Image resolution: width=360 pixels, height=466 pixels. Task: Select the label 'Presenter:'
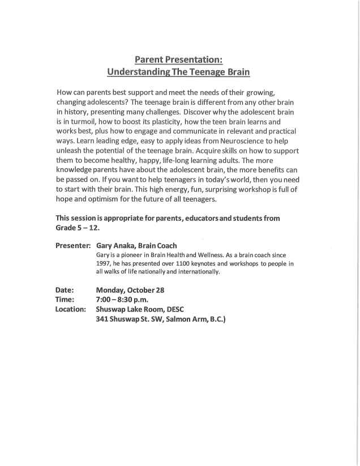73,246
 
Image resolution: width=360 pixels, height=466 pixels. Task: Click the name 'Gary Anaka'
118,246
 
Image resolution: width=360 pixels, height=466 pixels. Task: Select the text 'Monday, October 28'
130,290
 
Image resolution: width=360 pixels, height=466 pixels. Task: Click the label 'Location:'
71,310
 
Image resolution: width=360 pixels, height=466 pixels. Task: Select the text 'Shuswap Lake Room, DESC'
140,310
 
